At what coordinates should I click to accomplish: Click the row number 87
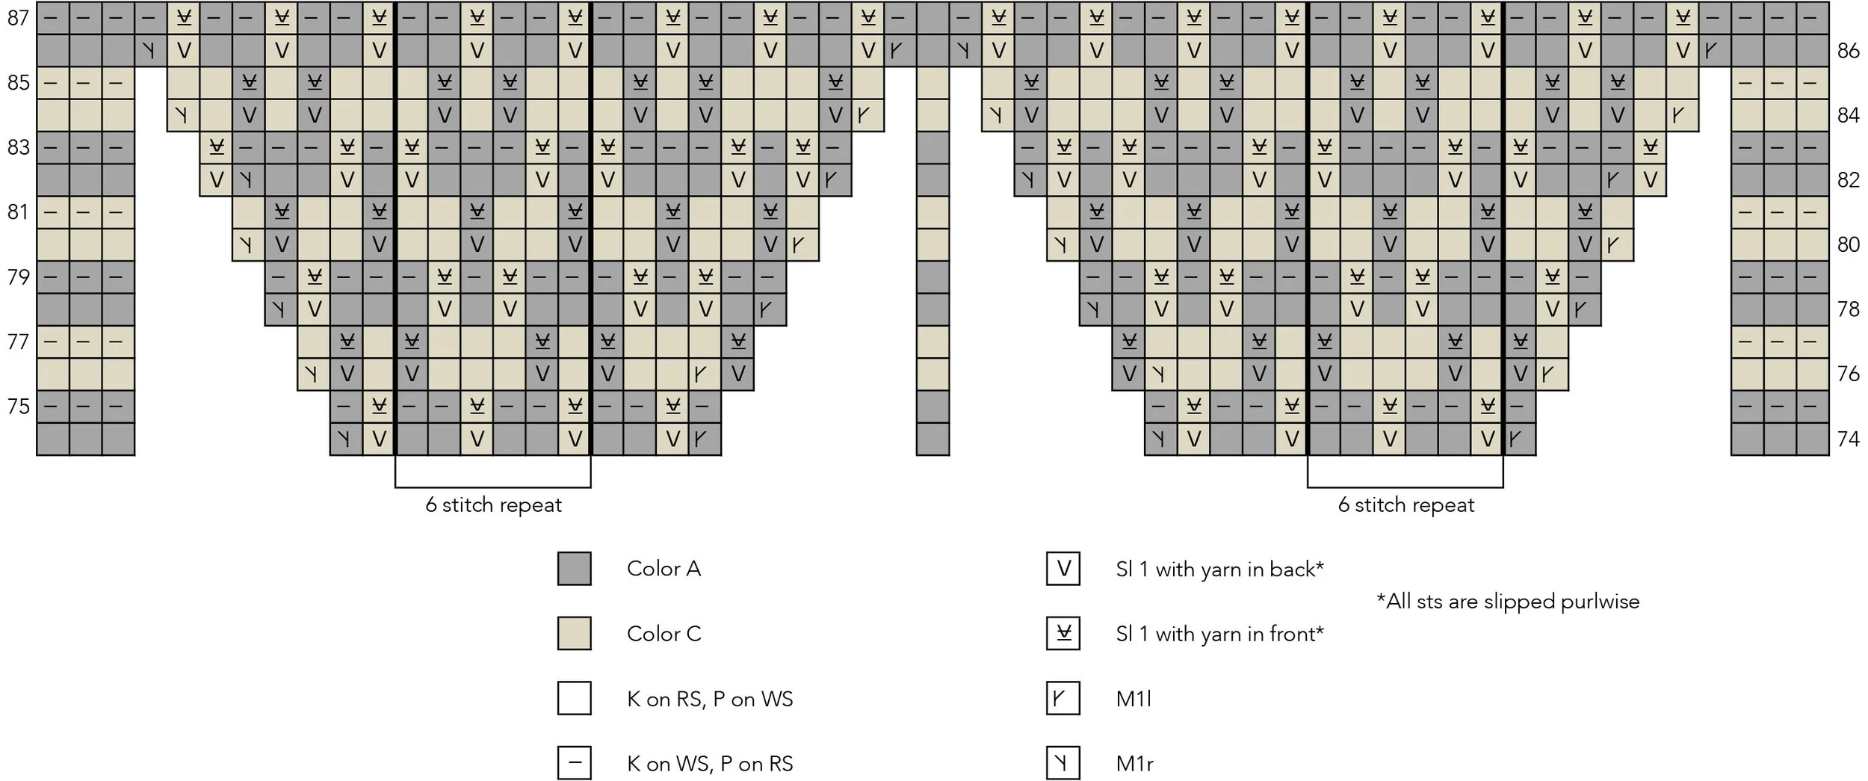click(18, 17)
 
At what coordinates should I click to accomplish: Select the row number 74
click(1848, 439)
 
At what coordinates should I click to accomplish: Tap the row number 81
click(18, 212)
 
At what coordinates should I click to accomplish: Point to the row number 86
click(1848, 50)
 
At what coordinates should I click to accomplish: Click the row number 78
click(1848, 309)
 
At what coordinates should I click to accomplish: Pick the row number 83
click(18, 147)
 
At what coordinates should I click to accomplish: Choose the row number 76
click(1848, 374)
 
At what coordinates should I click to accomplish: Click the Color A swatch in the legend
click(574, 569)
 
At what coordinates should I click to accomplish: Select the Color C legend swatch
click(574, 634)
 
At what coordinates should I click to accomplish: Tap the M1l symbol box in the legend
click(1063, 699)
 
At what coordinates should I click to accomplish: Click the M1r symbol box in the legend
click(1063, 763)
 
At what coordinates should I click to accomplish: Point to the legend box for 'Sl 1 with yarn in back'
click(1063, 569)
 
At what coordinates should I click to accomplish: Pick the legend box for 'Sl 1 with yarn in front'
click(1063, 634)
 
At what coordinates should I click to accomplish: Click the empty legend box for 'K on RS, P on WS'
click(574, 699)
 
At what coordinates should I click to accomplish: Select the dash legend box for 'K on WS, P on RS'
click(574, 763)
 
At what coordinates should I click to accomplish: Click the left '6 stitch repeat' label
click(493, 505)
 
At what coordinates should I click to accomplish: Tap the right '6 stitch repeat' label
click(1405, 505)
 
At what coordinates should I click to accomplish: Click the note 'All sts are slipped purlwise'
click(1508, 602)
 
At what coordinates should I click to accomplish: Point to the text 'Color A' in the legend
click(664, 569)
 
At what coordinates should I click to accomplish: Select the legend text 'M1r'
click(1134, 764)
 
